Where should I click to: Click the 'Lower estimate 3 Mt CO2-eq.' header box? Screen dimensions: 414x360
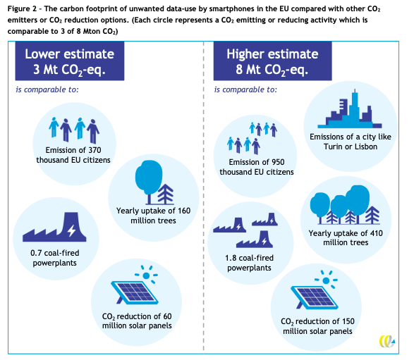(70, 61)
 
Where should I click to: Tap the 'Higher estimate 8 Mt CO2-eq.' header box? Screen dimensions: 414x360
(272, 61)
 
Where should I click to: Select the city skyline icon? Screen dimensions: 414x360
(350, 109)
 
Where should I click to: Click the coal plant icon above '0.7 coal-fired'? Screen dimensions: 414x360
(54, 227)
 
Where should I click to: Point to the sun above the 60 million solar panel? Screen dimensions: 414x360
(146, 275)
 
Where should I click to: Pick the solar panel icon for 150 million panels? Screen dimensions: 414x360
(314, 297)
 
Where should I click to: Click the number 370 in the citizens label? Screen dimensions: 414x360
(95, 150)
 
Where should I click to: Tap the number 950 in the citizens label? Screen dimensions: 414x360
(278, 162)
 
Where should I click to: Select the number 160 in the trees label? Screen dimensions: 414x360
(184, 211)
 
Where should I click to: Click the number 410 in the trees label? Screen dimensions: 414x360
(376, 233)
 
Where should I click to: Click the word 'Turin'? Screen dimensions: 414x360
(333, 147)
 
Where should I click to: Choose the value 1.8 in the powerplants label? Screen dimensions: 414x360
(231, 258)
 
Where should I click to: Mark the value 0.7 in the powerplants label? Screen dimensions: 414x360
(36, 253)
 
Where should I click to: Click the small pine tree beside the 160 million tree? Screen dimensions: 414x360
(165, 194)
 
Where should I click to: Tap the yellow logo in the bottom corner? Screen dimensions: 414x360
(387, 341)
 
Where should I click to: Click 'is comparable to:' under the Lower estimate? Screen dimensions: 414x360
(47, 89)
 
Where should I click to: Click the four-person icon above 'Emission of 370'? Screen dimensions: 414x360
(74, 130)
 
